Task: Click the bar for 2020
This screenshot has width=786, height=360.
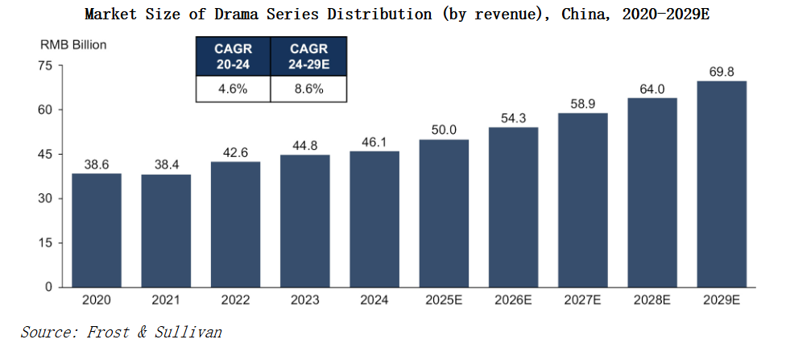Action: pos(97,230)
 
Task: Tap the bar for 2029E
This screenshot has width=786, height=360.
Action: pos(721,184)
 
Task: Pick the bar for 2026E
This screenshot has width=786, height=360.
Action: pos(513,207)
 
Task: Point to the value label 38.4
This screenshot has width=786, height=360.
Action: pos(166,165)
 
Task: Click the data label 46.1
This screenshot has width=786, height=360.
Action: pos(374,142)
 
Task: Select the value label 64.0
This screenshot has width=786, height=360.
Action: pos(652,89)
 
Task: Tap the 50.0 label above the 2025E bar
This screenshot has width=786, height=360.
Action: pos(444,130)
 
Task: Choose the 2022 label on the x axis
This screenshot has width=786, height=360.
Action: pos(235,300)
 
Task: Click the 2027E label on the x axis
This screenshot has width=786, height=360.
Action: pos(582,300)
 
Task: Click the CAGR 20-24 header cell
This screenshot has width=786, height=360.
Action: pos(234,56)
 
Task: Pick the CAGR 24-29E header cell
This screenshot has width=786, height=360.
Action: pos(309,56)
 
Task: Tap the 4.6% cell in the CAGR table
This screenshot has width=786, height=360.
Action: pos(234,89)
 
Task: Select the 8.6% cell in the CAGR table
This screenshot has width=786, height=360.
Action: pos(309,89)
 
